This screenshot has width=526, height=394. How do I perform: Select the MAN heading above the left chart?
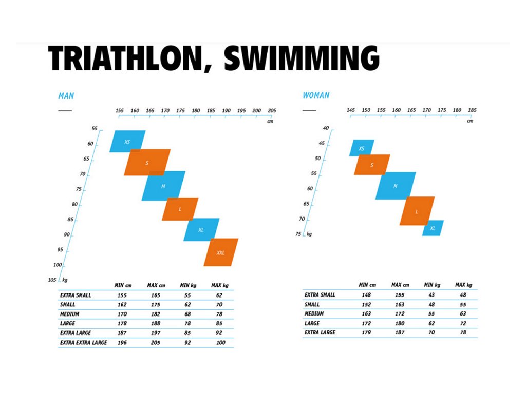66,95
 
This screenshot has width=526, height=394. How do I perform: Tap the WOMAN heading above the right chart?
316,95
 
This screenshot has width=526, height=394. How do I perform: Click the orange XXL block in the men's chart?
221,252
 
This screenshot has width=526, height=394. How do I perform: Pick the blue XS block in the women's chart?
362,148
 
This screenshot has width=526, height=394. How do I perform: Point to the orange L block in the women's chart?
417,211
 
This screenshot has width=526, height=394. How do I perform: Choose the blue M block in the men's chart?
163,186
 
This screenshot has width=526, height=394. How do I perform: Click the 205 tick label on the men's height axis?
272,111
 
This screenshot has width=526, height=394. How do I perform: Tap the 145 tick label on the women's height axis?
350,111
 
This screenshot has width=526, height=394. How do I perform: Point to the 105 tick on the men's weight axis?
51,280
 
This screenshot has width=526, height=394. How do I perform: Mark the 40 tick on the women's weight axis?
325,128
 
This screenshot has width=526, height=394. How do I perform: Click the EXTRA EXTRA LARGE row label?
84,342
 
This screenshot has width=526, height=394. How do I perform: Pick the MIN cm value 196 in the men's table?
121,342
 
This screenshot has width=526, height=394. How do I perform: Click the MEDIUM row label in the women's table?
314,314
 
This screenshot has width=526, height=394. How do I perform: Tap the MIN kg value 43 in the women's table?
431,295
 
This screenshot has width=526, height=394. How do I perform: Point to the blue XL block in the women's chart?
433,228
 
